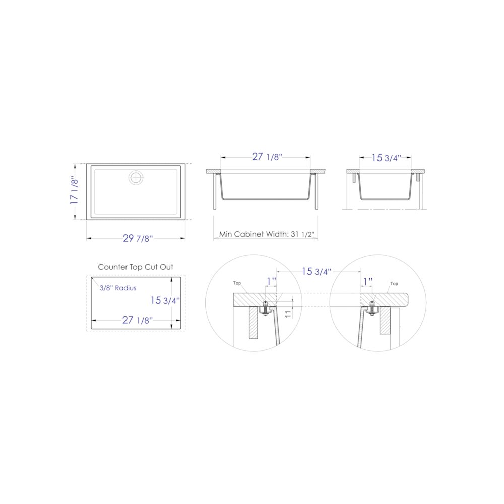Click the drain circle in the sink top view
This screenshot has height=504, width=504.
pyautogui.click(x=136, y=177)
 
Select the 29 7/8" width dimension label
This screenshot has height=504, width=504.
pyautogui.click(x=138, y=238)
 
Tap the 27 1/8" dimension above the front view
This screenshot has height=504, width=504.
pyautogui.click(x=267, y=157)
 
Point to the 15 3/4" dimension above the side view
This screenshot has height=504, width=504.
pyautogui.click(x=387, y=158)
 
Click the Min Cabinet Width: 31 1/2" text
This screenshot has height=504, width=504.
pyautogui.click(x=267, y=234)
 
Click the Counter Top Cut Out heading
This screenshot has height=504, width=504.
pyautogui.click(x=136, y=267)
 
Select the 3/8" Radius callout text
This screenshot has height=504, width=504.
pyautogui.click(x=118, y=288)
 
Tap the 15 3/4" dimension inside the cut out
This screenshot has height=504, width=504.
pyautogui.click(x=165, y=300)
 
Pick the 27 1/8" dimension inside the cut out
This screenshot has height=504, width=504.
pyautogui.click(x=138, y=320)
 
